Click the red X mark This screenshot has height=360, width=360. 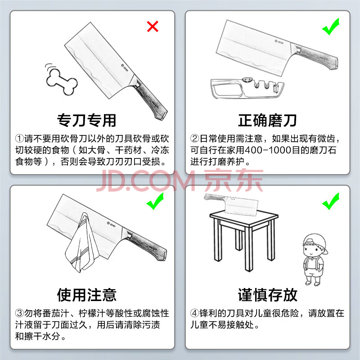pyautogui.click(x=153, y=27)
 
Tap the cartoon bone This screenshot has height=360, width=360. pyautogui.click(x=62, y=81)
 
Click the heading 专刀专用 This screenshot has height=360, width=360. pyautogui.click(x=86, y=120)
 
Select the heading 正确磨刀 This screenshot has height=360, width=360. pyautogui.click(x=267, y=120)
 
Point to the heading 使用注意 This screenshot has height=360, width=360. pyautogui.click(x=86, y=295)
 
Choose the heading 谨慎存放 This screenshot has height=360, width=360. pyautogui.click(x=267, y=295)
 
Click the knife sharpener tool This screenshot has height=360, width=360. pyautogui.click(x=247, y=88)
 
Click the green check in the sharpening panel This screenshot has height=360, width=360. pyautogui.click(x=331, y=27)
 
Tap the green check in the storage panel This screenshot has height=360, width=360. pyautogui.click(x=331, y=201)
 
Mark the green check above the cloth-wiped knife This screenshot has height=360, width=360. pyautogui.click(x=155, y=201)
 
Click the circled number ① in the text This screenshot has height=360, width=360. pyautogui.click(x=19, y=139)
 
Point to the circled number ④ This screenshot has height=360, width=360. pyautogui.click(x=194, y=313)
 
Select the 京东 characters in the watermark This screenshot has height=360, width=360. pyautogui.click(x=234, y=180)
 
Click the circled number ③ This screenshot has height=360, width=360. pyautogui.click(x=19, y=313)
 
